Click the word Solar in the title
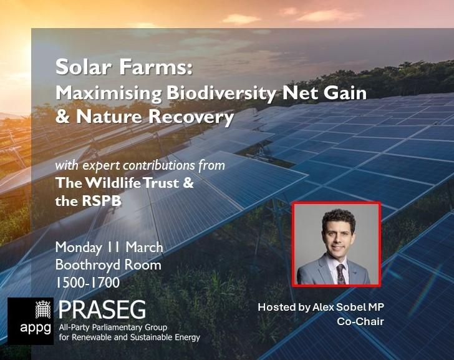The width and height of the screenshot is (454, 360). [84, 67]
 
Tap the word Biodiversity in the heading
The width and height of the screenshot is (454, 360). [221, 94]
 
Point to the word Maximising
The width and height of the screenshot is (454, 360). [109, 94]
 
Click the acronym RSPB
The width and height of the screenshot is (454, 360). [101, 201]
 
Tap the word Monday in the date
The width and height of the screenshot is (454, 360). [79, 248]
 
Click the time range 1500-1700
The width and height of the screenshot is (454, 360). [87, 283]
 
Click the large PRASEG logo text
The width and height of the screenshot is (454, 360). [102, 309]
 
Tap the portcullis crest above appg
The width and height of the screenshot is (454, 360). [43, 309]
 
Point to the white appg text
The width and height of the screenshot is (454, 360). [36, 329]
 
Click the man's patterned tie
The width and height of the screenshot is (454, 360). [340, 274]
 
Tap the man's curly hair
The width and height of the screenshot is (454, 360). [339, 218]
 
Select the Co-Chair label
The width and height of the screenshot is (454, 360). [360, 321]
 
